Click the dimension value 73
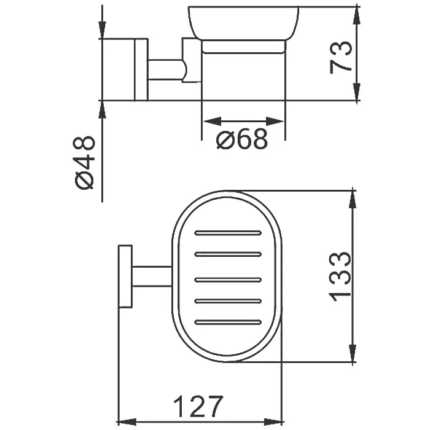click(340, 57)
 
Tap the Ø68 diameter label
click(241, 139)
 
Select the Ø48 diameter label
click(84, 163)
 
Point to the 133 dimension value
click(340, 276)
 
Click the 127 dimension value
click(198, 406)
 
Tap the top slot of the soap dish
click(228, 233)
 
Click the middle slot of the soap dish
click(228, 280)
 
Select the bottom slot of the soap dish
click(228, 322)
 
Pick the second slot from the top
click(228, 254)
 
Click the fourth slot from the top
click(228, 301)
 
